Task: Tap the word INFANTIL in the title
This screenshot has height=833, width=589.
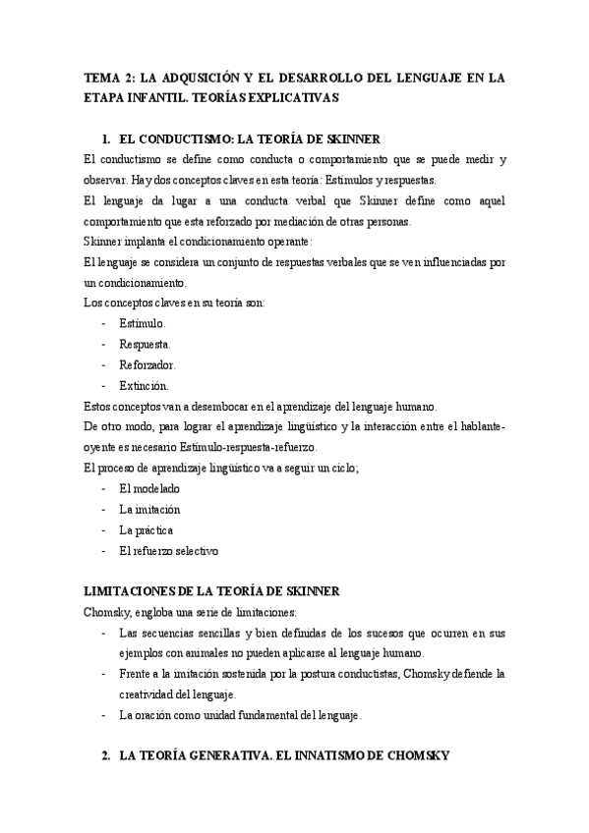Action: pos(166,98)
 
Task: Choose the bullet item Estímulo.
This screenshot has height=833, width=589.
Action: pos(143,323)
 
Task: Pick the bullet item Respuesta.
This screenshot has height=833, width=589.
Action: pos(145,345)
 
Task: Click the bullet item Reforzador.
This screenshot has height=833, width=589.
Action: pos(147,364)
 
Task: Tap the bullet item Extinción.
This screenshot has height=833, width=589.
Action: pos(145,385)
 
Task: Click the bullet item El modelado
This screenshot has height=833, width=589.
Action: pos(149,488)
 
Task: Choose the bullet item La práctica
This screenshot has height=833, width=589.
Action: pos(147,529)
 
